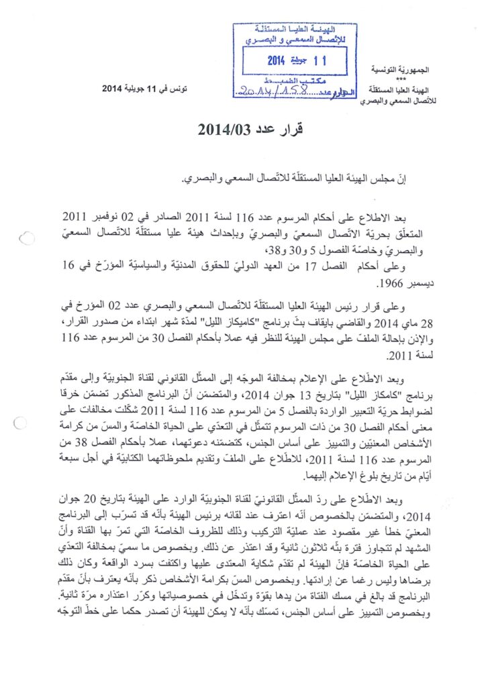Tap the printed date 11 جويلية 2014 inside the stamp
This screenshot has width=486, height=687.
(296, 60)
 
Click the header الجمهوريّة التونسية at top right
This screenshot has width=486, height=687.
(401, 70)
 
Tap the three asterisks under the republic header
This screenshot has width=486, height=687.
(401, 79)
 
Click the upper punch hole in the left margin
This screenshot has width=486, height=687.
(27, 237)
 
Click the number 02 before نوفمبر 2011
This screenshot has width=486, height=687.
(138, 217)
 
